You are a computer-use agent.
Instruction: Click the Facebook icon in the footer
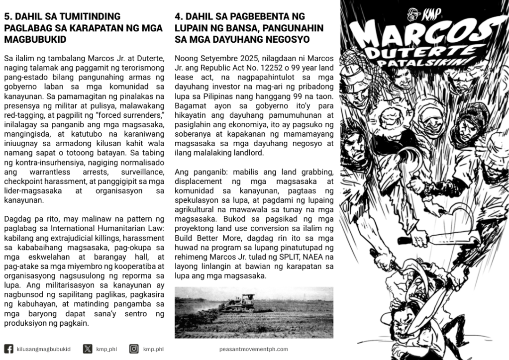click(x=8, y=349)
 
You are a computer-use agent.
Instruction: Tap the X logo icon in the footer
click(x=88, y=349)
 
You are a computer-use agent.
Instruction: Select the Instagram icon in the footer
click(x=134, y=349)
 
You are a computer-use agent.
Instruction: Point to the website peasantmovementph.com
click(x=253, y=350)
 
